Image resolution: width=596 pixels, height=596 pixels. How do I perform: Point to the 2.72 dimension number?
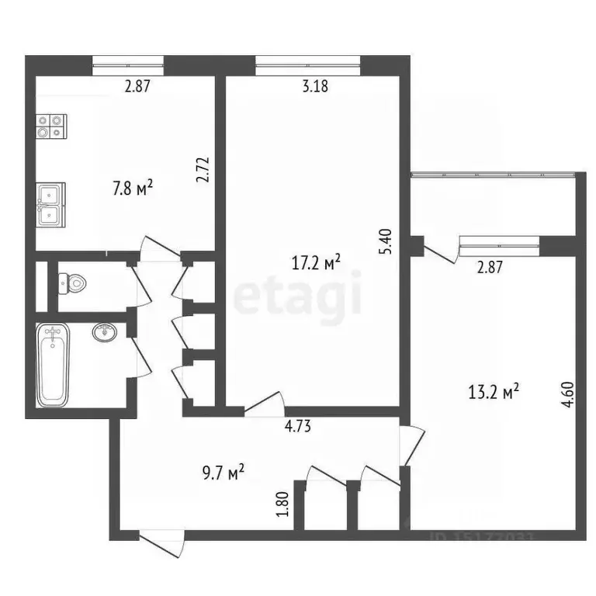[204, 170]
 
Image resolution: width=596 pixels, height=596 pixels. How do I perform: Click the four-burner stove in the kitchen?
[51, 126]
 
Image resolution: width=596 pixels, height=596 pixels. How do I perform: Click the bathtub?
[54, 365]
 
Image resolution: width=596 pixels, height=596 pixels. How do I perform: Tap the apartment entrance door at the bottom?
[161, 541]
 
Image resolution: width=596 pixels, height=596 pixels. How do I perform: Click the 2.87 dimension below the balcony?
[490, 269]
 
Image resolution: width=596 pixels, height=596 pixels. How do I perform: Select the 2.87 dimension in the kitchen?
[137, 87]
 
